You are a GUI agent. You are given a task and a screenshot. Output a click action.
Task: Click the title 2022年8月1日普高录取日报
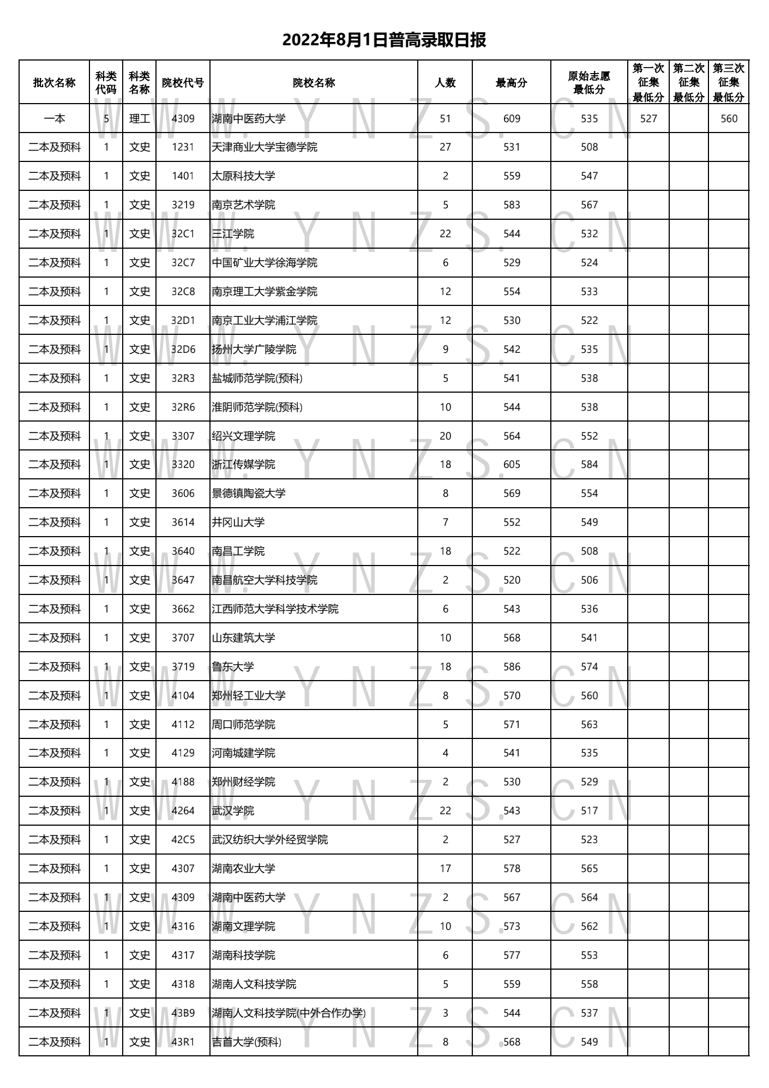384,40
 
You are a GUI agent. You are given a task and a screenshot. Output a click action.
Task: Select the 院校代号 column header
183,83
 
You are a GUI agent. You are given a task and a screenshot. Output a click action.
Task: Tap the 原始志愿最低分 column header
589,83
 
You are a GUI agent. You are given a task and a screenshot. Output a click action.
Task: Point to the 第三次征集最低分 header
729,83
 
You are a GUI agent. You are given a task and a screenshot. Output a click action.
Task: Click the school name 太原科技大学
243,176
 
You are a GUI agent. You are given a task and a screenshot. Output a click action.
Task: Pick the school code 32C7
183,263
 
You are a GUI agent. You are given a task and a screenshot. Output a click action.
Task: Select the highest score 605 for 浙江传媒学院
512,465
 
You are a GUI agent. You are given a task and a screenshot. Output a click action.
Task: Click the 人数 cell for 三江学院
445,234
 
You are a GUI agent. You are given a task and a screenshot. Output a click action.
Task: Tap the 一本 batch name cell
55,119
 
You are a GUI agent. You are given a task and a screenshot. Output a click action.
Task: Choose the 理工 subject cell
139,119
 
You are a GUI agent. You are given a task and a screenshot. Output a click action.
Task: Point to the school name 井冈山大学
238,522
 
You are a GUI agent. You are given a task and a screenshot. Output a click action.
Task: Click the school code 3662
183,609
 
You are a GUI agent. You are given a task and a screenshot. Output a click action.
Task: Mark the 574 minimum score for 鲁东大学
589,667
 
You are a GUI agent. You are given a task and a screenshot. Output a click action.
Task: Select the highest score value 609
512,119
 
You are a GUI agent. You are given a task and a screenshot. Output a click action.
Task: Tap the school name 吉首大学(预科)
247,1042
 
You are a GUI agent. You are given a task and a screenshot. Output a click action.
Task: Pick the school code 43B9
183,1013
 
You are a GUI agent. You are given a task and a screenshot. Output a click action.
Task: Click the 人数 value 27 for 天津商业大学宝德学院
445,147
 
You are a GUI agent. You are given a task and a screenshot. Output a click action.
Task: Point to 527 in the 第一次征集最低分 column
648,119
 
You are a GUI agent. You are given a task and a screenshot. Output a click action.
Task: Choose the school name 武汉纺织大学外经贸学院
269,840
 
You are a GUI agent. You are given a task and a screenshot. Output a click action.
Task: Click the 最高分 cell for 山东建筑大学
512,638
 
